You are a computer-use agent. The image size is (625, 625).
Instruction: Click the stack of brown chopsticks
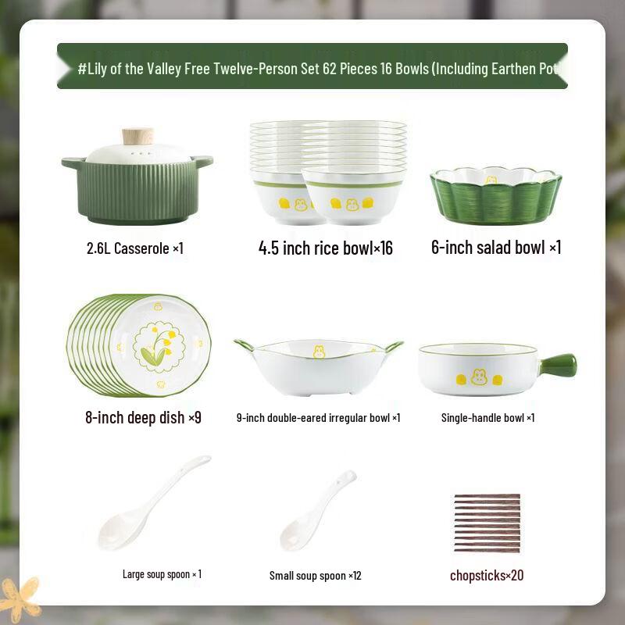click(x=487, y=523)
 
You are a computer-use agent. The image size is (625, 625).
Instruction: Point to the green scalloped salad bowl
click(x=495, y=195)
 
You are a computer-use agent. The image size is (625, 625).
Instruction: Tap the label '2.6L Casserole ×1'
click(x=135, y=248)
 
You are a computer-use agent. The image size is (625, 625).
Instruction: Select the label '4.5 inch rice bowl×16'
click(x=325, y=248)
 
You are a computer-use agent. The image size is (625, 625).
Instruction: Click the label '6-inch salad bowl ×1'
click(x=496, y=248)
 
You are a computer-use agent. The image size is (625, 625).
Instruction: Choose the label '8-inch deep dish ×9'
click(x=143, y=417)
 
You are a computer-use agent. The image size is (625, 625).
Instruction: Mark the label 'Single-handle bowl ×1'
click(x=487, y=418)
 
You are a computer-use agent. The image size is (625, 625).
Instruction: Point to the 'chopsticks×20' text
click(x=487, y=576)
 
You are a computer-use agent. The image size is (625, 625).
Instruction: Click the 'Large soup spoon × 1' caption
click(x=162, y=574)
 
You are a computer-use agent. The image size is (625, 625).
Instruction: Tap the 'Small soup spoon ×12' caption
click(x=315, y=576)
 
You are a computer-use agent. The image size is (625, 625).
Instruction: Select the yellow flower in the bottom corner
click(x=20, y=598)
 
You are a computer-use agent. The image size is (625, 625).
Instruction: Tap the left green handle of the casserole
click(x=73, y=163)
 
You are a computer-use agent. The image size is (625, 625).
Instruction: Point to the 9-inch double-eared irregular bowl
click(x=318, y=366)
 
